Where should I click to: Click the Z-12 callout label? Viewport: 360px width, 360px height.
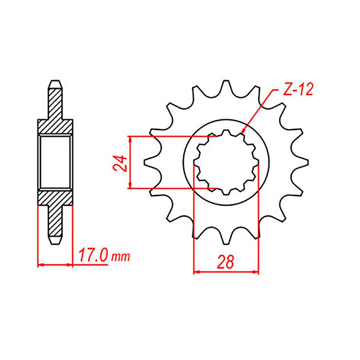[x=297, y=91]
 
